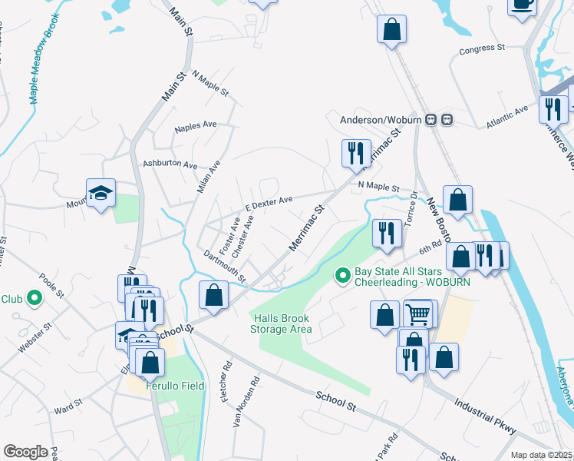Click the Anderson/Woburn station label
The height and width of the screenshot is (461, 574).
pos(381,120)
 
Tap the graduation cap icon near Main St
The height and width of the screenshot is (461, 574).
pos(101,193)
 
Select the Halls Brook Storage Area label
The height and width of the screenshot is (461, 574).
pos(281,323)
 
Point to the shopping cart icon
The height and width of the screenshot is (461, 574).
pos(417,313)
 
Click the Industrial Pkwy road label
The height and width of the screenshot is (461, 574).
pos(484,416)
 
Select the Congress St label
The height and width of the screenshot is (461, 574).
pos(481,49)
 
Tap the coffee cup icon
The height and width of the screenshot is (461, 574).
pos(522,4)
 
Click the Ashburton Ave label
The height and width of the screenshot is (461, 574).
pos(170,164)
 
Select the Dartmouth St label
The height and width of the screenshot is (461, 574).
pos(225,265)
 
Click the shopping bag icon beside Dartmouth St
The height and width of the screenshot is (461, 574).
pos(214,295)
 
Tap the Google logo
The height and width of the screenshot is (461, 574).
pos(25,452)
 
